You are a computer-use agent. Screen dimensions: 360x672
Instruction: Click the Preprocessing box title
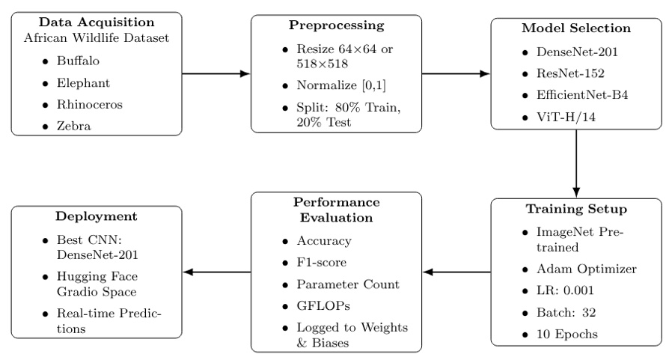[x=336, y=25]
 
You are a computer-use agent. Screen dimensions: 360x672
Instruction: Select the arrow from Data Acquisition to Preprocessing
[x=216, y=74]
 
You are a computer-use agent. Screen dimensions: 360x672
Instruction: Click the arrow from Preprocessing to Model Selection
[x=456, y=74]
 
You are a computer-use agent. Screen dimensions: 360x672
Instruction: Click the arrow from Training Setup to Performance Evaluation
[x=456, y=272]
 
